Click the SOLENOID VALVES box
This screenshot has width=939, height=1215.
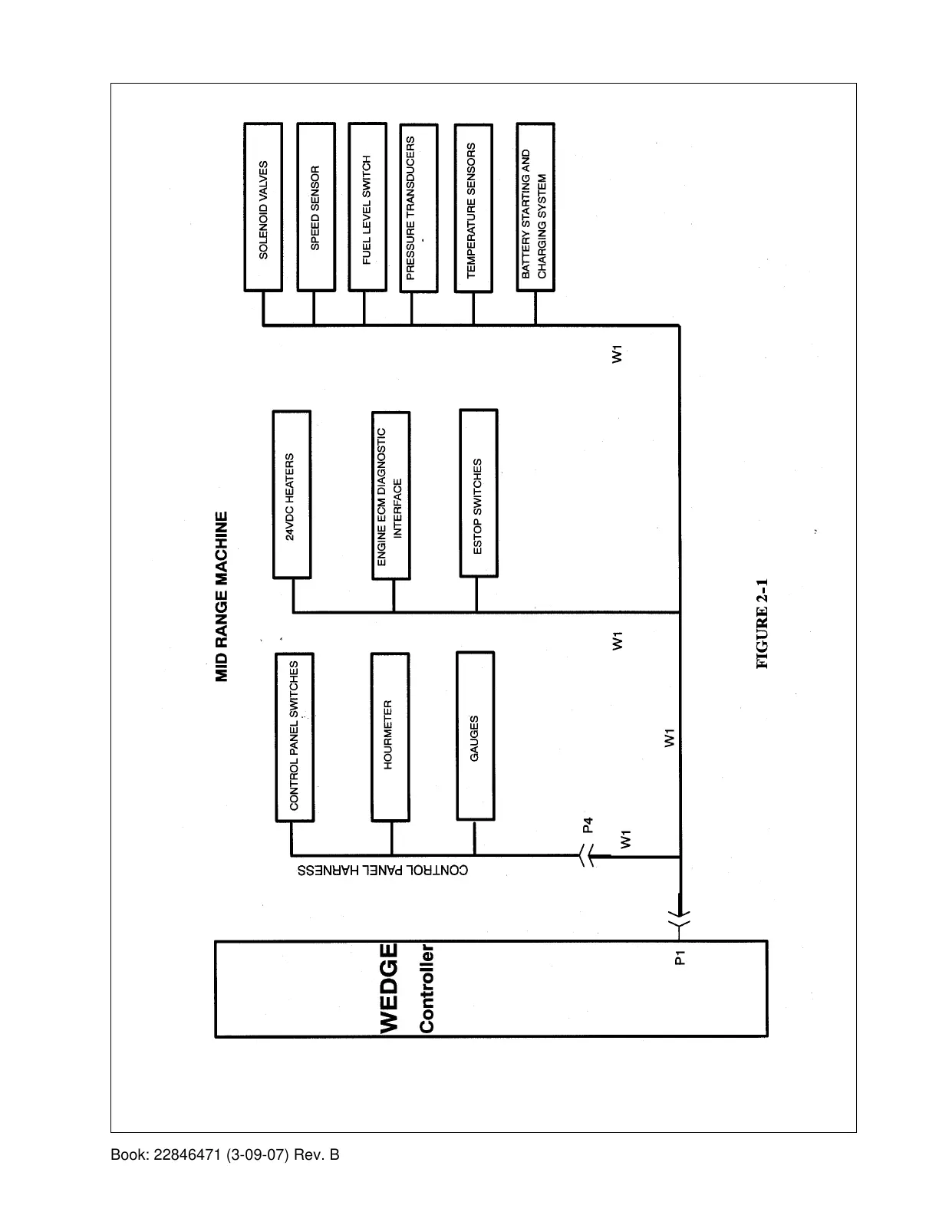point(263,207)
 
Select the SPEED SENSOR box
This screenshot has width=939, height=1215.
point(315,207)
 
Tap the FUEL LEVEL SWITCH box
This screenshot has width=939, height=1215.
point(367,207)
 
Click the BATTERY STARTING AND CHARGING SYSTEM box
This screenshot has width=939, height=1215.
point(535,207)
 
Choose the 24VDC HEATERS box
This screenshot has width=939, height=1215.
point(292,495)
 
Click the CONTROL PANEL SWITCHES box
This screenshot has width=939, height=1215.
point(295,737)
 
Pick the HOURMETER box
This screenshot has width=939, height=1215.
point(390,736)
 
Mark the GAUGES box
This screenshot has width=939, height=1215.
point(475,736)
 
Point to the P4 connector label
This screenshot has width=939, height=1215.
point(588,825)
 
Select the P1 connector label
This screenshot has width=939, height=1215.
point(679,957)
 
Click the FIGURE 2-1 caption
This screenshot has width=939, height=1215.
point(762,624)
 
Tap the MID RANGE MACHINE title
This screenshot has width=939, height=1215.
point(221,597)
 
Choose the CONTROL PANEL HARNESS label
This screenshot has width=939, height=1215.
point(383,871)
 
